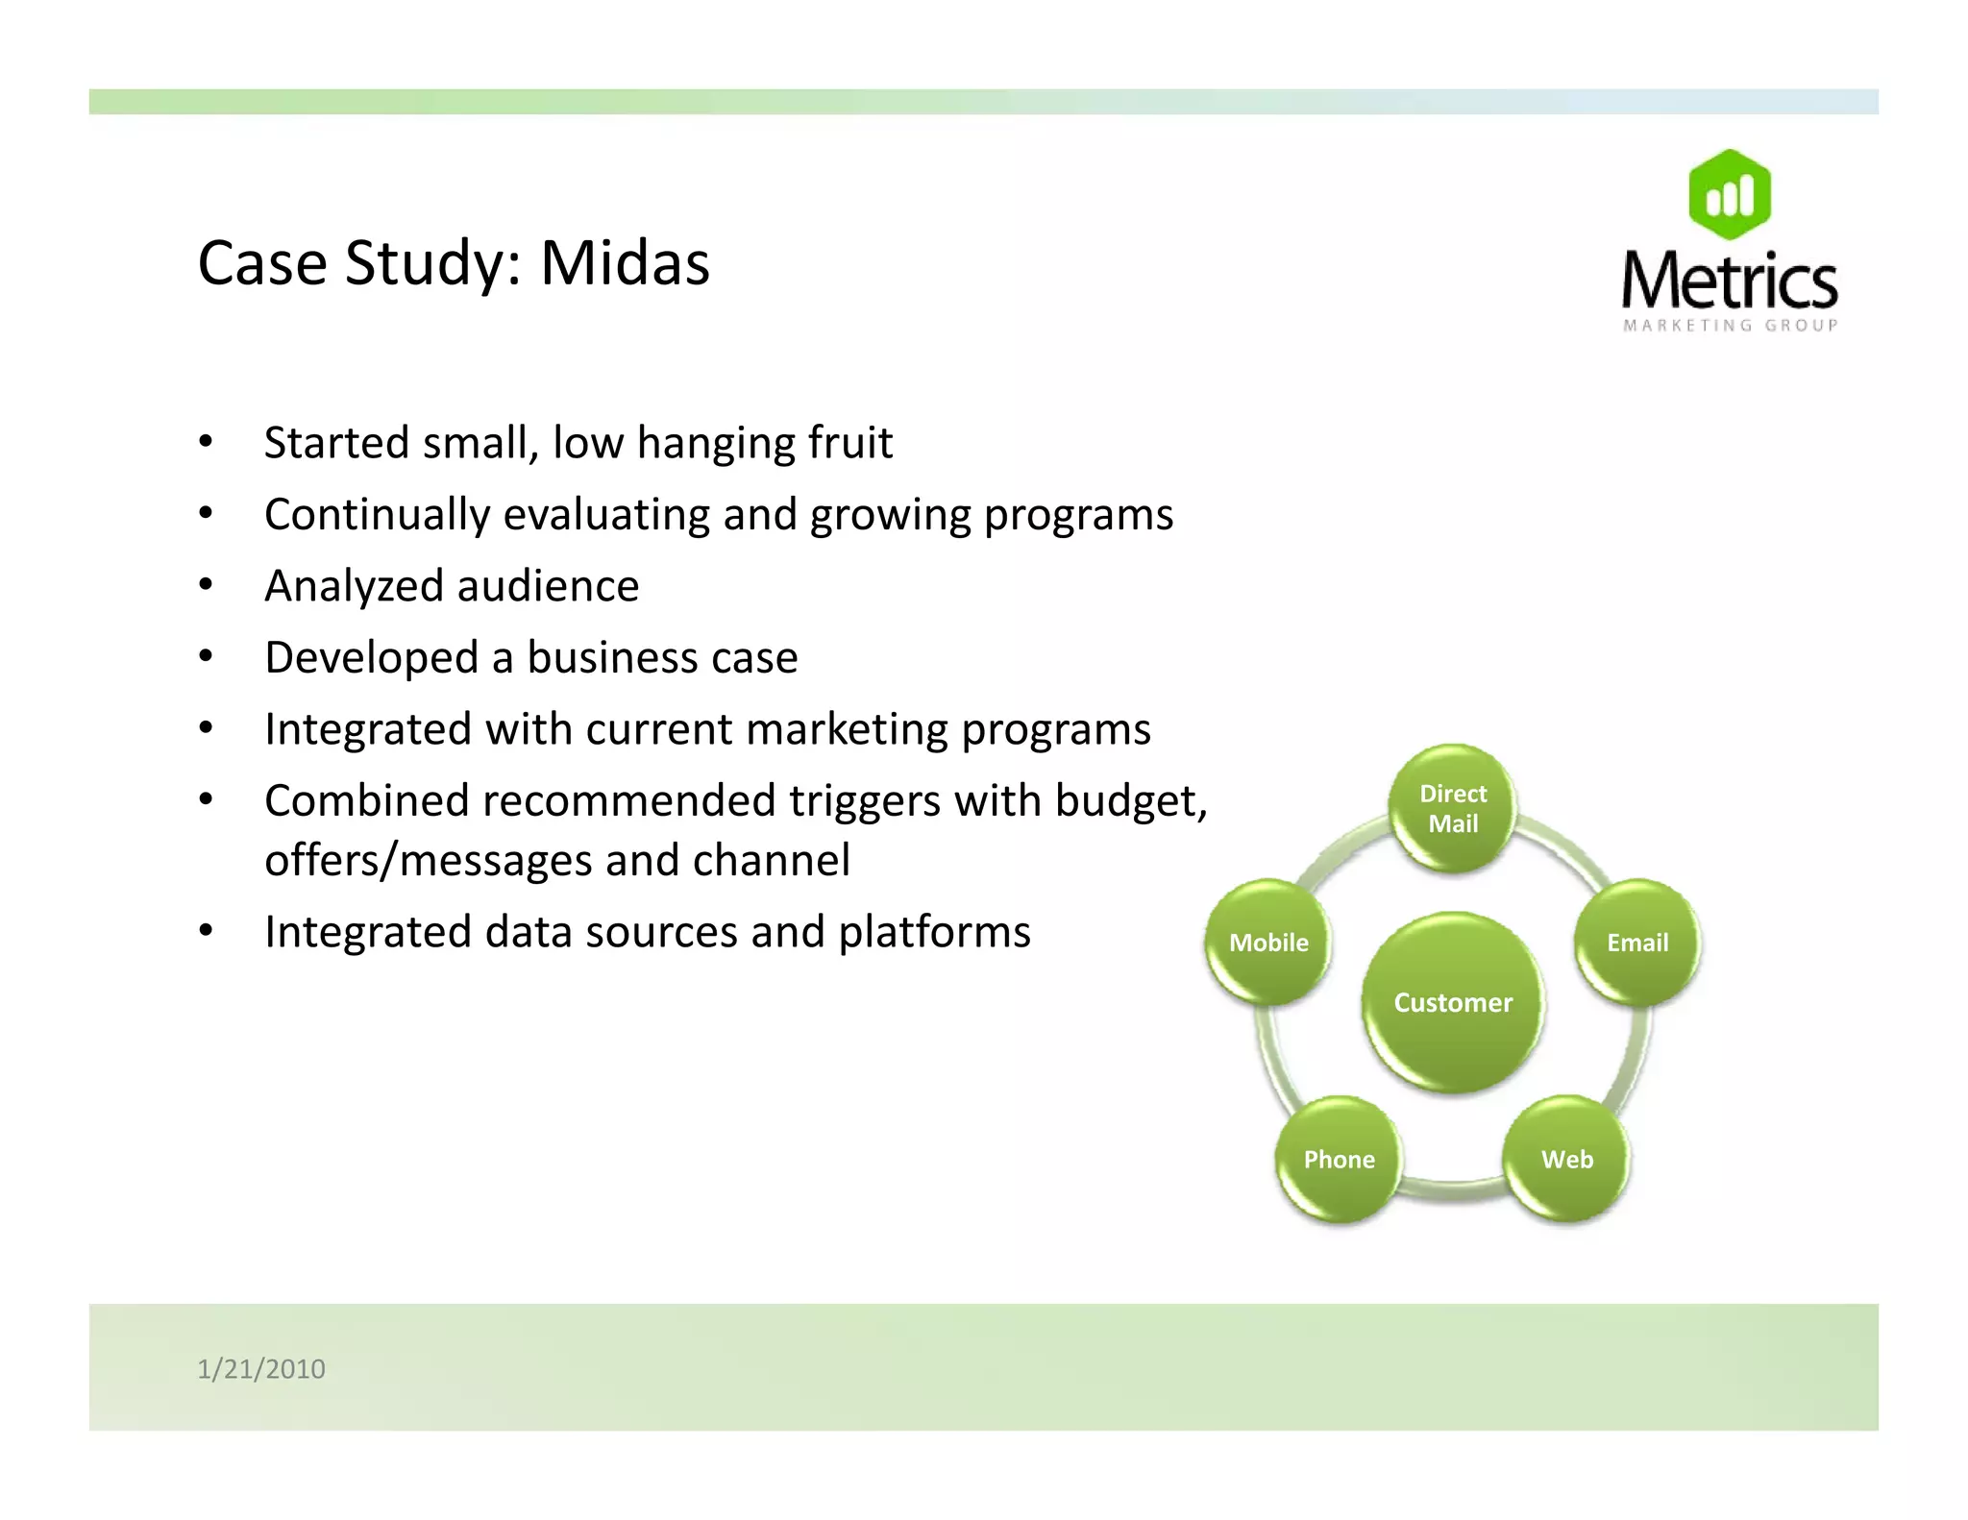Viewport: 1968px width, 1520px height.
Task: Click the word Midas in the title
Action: pyautogui.click(x=625, y=263)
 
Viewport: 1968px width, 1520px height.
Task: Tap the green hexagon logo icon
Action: pyautogui.click(x=1730, y=195)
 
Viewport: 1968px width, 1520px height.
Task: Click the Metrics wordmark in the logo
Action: pyautogui.click(x=1730, y=281)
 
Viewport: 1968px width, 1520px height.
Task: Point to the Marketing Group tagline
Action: pyautogui.click(x=1730, y=326)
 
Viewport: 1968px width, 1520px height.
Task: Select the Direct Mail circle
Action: pyautogui.click(x=1453, y=808)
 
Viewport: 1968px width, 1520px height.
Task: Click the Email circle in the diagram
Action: pyautogui.click(x=1637, y=943)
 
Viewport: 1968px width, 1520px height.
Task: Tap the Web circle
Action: pyautogui.click(x=1566, y=1159)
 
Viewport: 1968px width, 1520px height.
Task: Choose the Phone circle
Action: pyautogui.click(x=1339, y=1159)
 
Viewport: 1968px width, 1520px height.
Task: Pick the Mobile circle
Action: pyautogui.click(x=1268, y=943)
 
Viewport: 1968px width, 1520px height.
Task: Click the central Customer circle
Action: pyautogui.click(x=1453, y=1002)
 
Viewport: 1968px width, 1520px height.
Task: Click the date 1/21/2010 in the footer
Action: pyautogui.click(x=261, y=1368)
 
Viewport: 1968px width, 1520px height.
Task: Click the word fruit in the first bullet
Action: pyautogui.click(x=849, y=443)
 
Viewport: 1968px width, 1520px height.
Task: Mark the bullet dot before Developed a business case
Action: pyautogui.click(x=206, y=656)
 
